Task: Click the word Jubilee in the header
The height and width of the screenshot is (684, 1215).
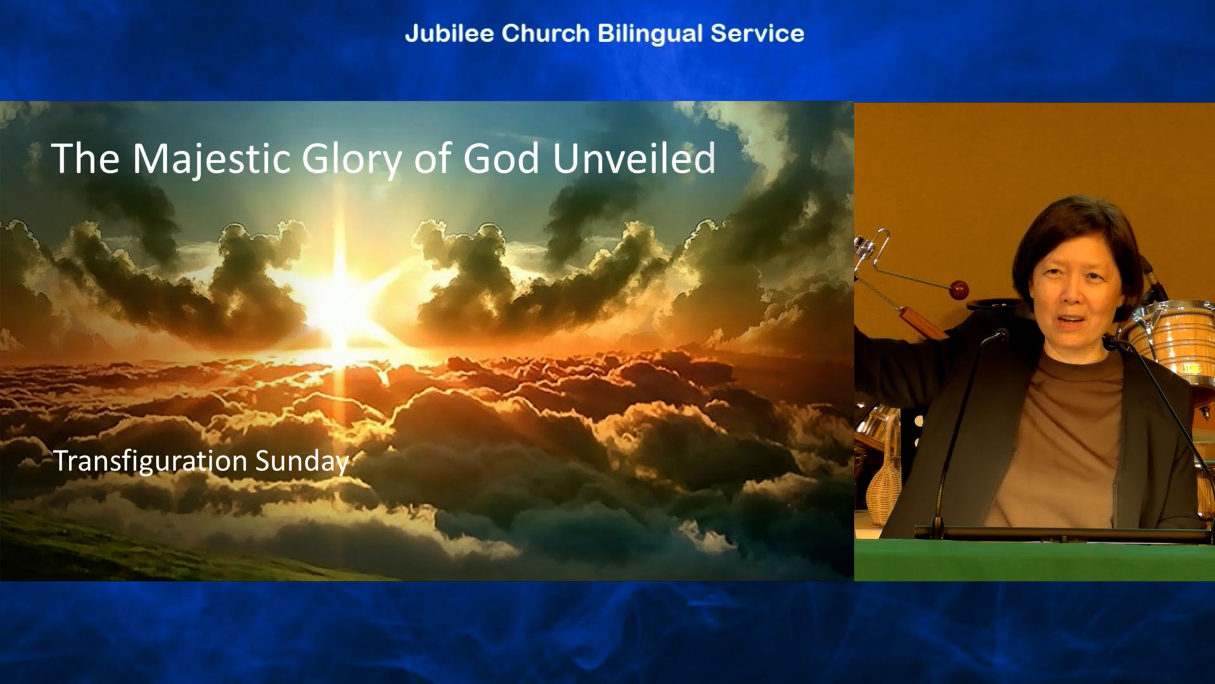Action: tap(449, 34)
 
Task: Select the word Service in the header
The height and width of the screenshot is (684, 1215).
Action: tap(757, 34)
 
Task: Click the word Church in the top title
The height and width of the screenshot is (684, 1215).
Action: tap(545, 34)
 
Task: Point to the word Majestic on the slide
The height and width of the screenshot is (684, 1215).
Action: tap(211, 159)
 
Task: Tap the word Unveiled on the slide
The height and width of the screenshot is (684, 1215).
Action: tap(634, 158)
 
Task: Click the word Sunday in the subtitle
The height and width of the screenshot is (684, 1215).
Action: tap(302, 462)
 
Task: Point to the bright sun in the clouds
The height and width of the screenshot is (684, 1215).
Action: tap(340, 303)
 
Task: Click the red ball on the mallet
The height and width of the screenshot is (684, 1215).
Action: tap(959, 291)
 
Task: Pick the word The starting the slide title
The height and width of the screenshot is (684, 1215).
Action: tap(85, 158)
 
